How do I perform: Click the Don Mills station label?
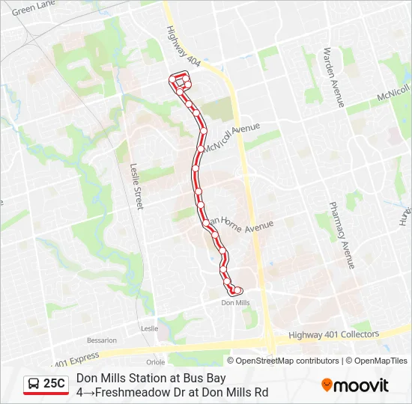tap(236, 302)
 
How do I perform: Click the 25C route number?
tap(54, 384)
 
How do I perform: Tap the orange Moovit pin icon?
tap(327, 385)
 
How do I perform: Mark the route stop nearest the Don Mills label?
tap(238, 290)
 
